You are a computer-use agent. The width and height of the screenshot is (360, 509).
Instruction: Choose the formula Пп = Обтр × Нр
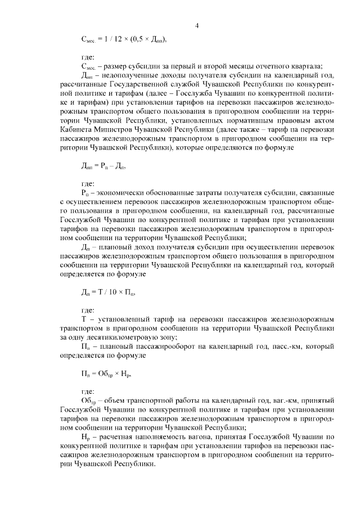(106, 373)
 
